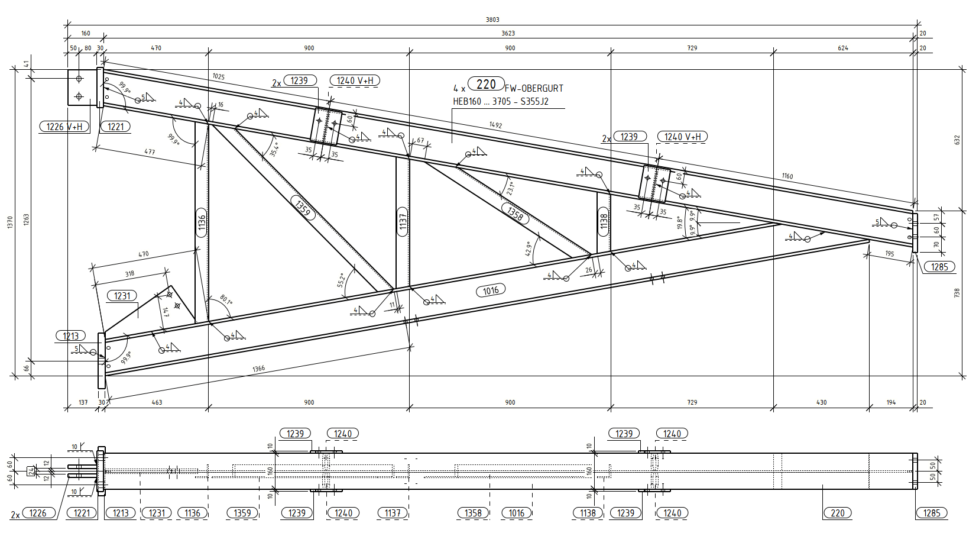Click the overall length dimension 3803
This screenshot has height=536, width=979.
[492, 20]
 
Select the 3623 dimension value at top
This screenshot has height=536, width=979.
[508, 34]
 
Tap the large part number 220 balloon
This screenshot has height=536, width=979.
[486, 84]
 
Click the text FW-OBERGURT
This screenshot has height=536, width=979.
[534, 89]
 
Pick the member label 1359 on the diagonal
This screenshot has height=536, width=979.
[303, 208]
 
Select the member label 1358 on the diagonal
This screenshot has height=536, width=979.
[515, 212]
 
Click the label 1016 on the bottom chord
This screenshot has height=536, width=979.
[491, 290]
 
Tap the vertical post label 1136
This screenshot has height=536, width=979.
[202, 222]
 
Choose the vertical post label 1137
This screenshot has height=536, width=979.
[403, 222]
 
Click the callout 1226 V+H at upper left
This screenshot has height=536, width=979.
[64, 127]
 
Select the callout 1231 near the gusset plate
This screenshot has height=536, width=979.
[122, 296]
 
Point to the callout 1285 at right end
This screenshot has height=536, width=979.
[939, 267]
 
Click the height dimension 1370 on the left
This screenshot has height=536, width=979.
[10, 222]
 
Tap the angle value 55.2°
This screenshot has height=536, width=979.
[342, 280]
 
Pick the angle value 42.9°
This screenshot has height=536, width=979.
[529, 248]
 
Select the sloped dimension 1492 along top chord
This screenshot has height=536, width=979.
[495, 125]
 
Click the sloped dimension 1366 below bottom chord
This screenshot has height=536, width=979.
[258, 369]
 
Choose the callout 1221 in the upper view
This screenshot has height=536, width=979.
[115, 127]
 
